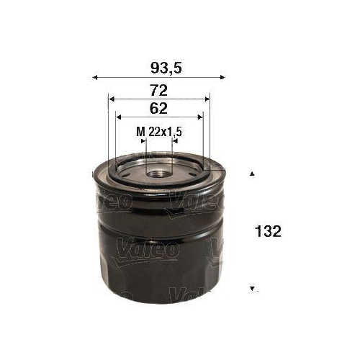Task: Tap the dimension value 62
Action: (159, 109)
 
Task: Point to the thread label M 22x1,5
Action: (158, 132)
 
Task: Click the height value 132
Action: (267, 232)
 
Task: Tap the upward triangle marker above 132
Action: (252, 174)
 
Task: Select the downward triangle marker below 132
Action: (252, 289)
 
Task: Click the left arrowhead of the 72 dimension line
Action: (110, 98)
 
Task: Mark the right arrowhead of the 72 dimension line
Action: (207, 98)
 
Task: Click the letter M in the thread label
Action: (140, 132)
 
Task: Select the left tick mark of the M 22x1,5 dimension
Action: (145, 141)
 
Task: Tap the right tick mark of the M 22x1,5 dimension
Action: (172, 141)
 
